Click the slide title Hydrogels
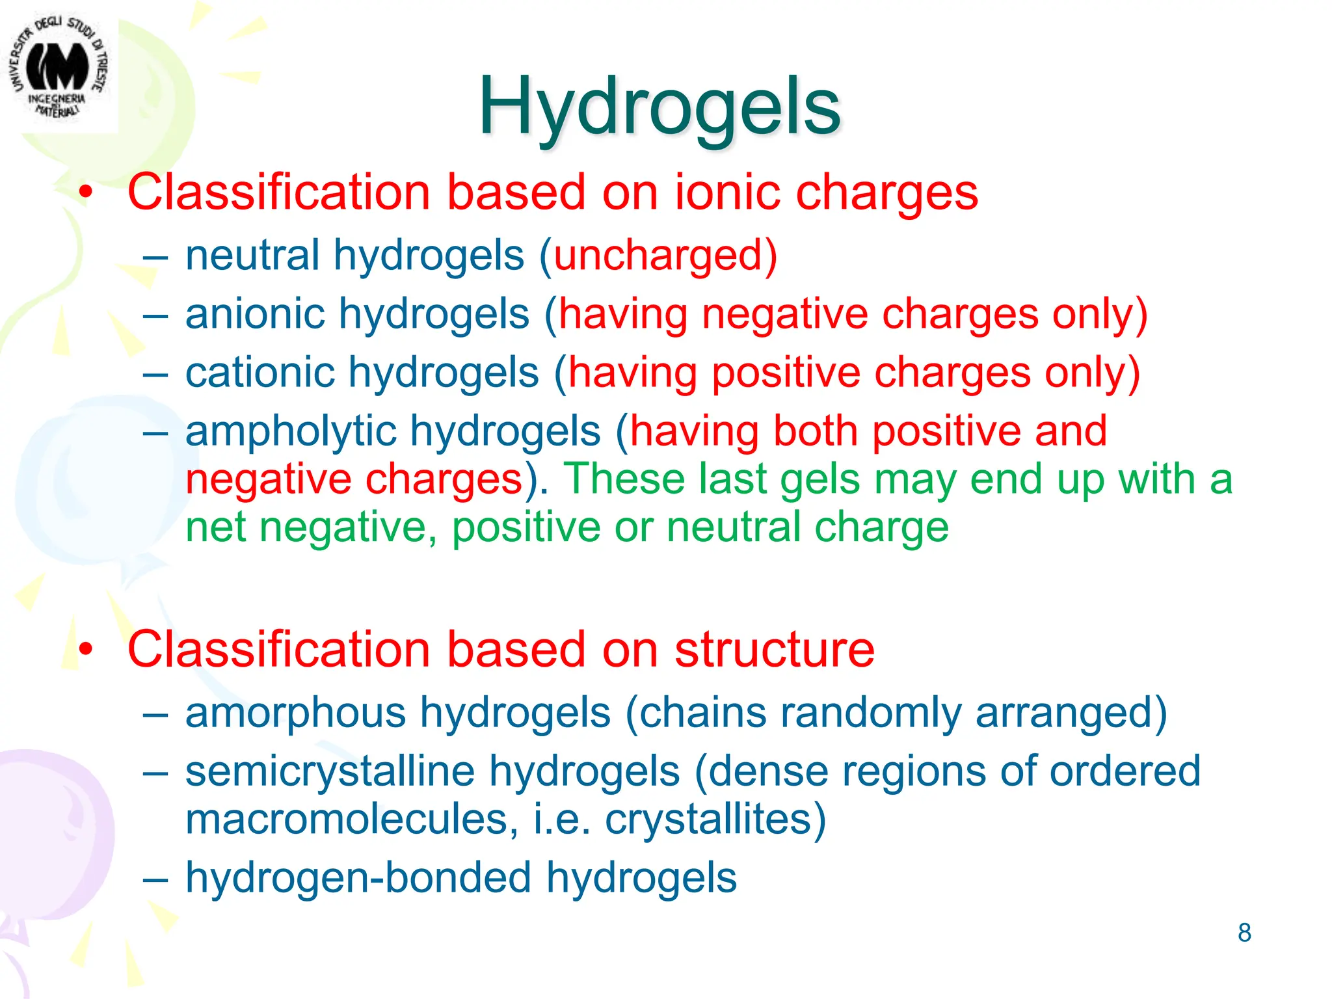click(x=659, y=107)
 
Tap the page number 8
click(x=1244, y=933)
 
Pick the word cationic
click(x=260, y=373)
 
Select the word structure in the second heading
click(x=774, y=650)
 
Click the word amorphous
click(x=296, y=713)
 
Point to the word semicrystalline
click(x=330, y=771)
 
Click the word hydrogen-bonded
click(x=358, y=877)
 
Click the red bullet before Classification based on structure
click(x=86, y=650)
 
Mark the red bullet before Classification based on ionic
click(x=86, y=193)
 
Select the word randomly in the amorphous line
click(x=870, y=713)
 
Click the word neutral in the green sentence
click(x=734, y=527)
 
